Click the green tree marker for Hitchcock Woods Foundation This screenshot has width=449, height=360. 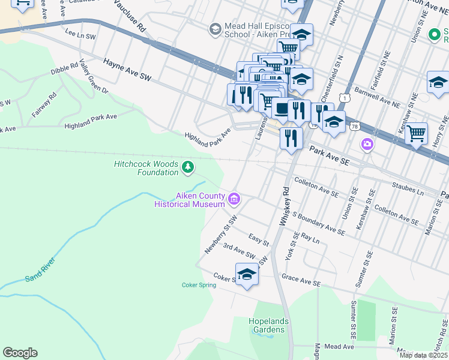click(x=188, y=166)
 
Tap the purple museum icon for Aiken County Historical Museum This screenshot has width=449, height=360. click(x=234, y=198)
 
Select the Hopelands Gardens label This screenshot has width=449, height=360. click(x=268, y=325)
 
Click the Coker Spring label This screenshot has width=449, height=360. click(x=199, y=285)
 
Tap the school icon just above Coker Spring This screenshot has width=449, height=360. click(x=247, y=274)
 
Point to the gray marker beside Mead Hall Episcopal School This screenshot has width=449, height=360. click(x=214, y=29)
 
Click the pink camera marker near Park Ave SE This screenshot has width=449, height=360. click(x=367, y=144)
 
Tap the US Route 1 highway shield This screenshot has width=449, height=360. click(x=343, y=97)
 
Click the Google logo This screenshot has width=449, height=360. click(x=20, y=353)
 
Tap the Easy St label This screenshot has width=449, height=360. click(x=258, y=239)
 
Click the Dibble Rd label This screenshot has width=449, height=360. click(x=64, y=70)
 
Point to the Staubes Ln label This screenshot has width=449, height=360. click(x=408, y=188)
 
